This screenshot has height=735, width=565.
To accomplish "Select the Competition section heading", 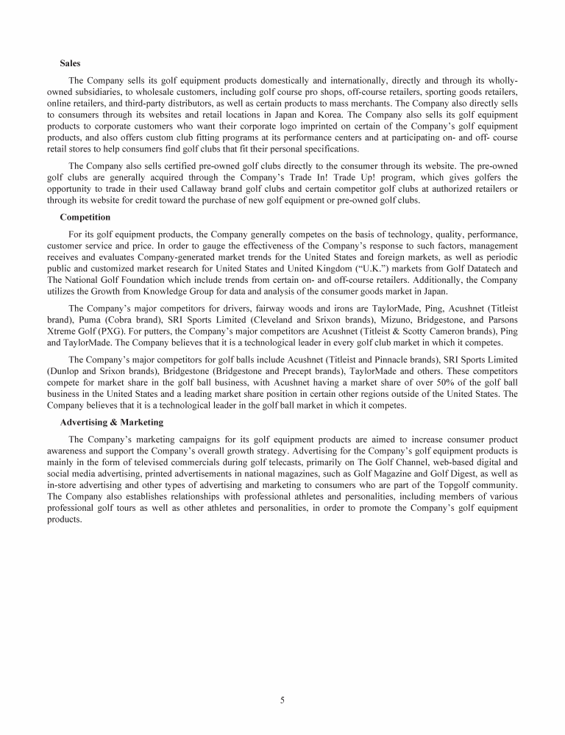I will (85, 218).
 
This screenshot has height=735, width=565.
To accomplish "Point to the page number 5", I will (282, 700).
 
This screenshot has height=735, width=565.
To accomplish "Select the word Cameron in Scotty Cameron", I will (428, 333).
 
